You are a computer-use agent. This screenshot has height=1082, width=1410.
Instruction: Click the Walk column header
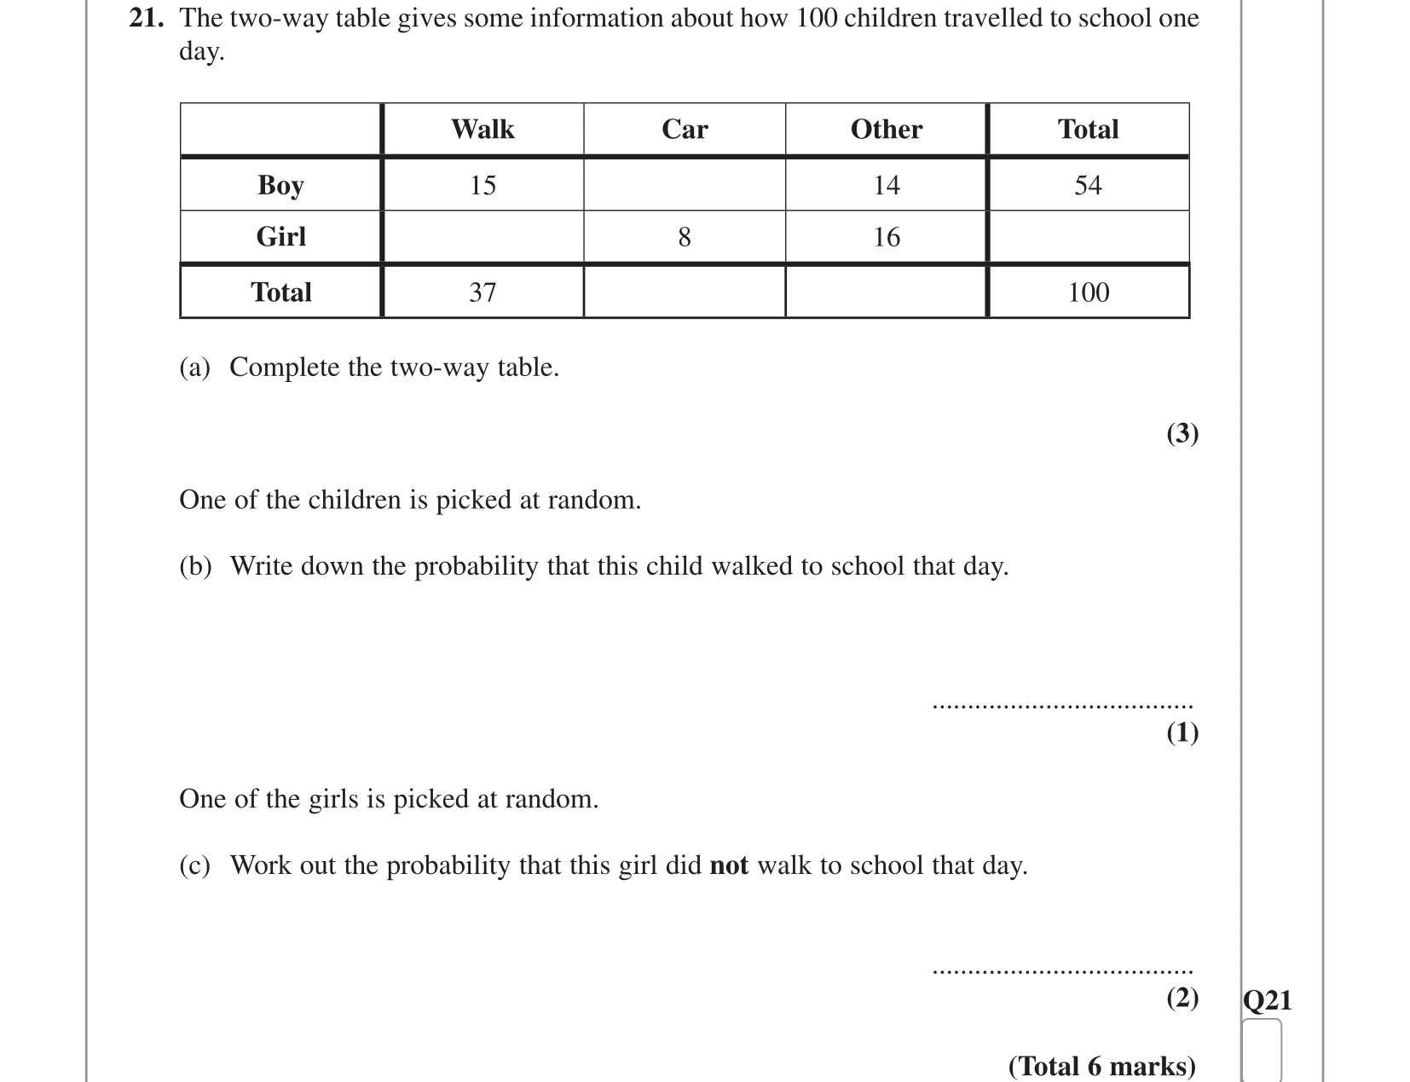tap(483, 130)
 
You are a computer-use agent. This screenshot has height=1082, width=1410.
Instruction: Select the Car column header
tap(685, 130)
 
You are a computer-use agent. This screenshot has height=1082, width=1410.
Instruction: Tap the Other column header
tap(886, 130)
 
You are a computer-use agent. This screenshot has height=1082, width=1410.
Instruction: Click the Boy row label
tap(280, 185)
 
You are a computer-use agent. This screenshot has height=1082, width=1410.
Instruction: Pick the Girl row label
tap(280, 236)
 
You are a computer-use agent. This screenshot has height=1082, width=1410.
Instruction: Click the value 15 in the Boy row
tap(483, 185)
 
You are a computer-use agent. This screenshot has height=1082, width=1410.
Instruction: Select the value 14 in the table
tap(887, 185)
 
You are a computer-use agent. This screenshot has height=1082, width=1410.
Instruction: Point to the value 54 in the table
tap(1088, 185)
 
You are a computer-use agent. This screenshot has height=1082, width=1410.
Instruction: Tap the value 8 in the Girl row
tap(685, 237)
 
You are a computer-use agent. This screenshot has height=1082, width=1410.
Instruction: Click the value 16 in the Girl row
tap(887, 237)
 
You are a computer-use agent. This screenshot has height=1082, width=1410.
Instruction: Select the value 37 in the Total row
tap(483, 292)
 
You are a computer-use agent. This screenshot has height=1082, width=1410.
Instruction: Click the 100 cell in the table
tap(1089, 292)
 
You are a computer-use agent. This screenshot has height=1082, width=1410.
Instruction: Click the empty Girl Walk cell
tap(483, 237)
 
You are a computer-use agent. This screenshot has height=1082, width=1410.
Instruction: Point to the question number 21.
tap(146, 18)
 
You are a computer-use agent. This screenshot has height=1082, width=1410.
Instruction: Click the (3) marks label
tap(1182, 433)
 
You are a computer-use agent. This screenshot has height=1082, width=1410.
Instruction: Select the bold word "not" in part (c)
tap(729, 865)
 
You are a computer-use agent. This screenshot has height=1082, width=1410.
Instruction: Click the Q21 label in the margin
tap(1268, 999)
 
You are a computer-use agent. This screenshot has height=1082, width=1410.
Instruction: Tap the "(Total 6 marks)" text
tap(1101, 1066)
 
